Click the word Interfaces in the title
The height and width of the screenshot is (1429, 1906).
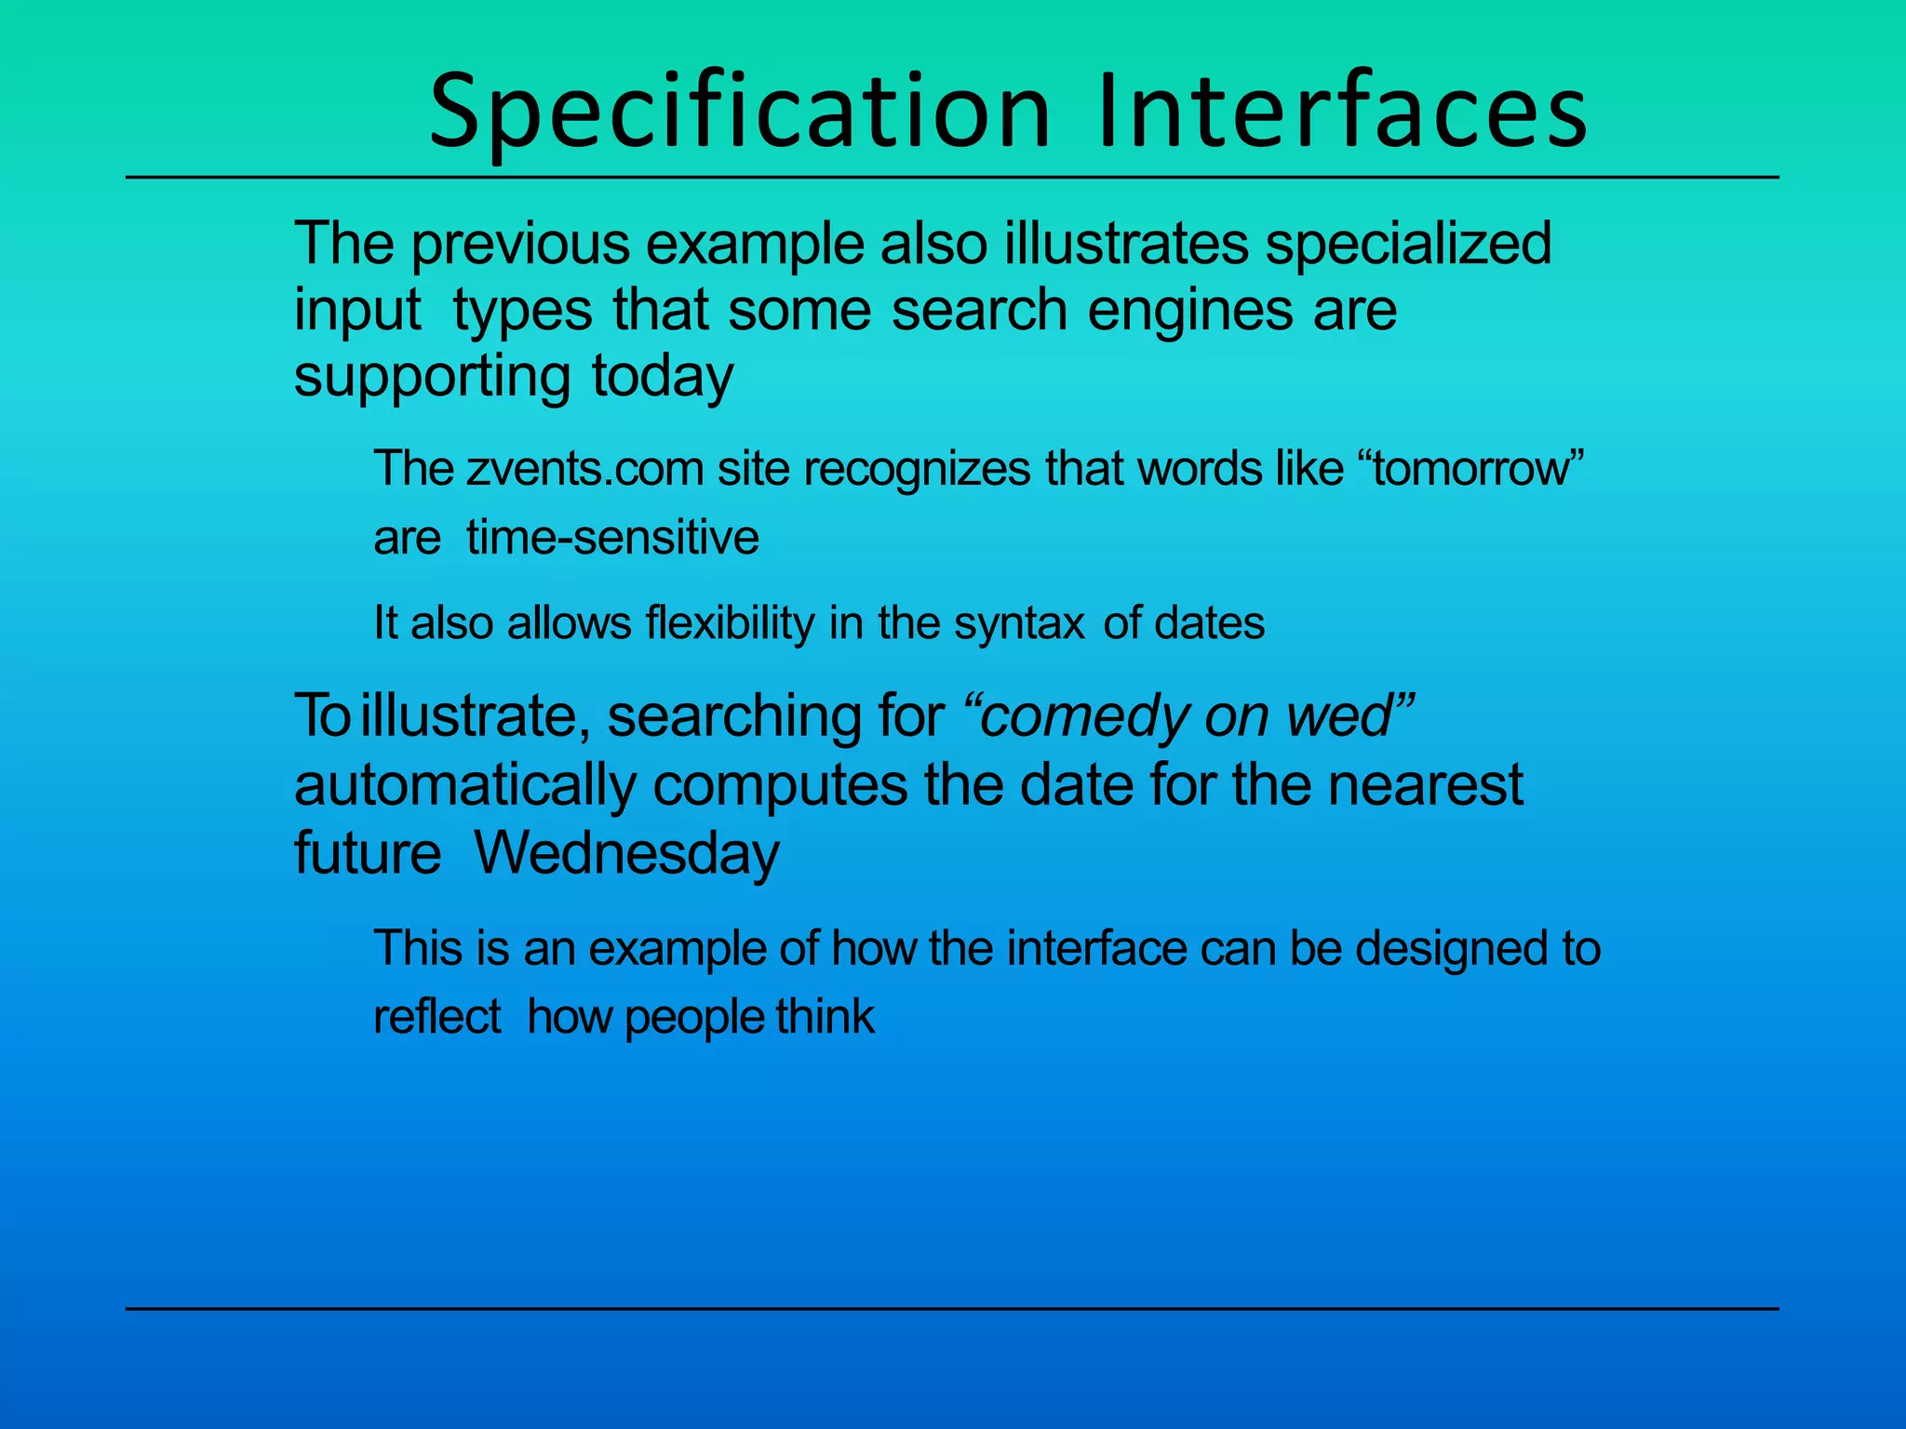[x=1342, y=112]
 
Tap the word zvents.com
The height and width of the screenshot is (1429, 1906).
[x=584, y=468]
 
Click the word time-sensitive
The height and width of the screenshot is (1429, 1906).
[x=612, y=538]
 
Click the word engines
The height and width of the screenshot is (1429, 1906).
[x=1190, y=311]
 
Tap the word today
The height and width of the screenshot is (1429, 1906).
[x=662, y=376]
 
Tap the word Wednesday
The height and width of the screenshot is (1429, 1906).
[x=626, y=853]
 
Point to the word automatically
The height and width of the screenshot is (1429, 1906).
[x=464, y=785]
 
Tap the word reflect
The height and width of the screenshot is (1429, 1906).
[x=436, y=1016]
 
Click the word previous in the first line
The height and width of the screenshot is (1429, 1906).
[x=521, y=244]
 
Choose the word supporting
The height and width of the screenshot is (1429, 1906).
[x=432, y=378]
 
